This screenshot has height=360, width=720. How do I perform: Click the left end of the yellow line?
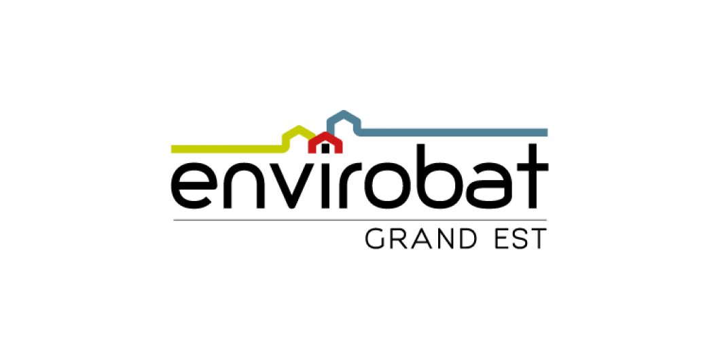[173, 149]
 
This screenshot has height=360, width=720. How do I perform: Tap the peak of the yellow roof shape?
[299, 128]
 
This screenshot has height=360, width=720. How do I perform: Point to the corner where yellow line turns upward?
[285, 149]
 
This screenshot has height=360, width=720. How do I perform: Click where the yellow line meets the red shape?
[313, 138]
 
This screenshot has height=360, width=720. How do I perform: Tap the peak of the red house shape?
[325, 134]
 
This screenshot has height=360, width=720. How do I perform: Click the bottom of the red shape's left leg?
[311, 151]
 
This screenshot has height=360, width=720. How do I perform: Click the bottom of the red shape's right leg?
[339, 151]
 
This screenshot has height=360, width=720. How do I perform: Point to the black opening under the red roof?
[325, 149]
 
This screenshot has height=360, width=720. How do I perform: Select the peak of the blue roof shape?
[344, 113]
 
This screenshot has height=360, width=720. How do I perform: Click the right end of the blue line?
[546, 132]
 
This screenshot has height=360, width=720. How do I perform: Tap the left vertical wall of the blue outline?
[329, 125]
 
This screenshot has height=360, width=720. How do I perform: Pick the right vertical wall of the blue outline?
[357, 125]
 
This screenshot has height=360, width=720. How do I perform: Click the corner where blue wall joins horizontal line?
[359, 132]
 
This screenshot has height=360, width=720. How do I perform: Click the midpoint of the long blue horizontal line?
[452, 132]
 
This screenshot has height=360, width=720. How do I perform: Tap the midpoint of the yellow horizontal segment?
[228, 149]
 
